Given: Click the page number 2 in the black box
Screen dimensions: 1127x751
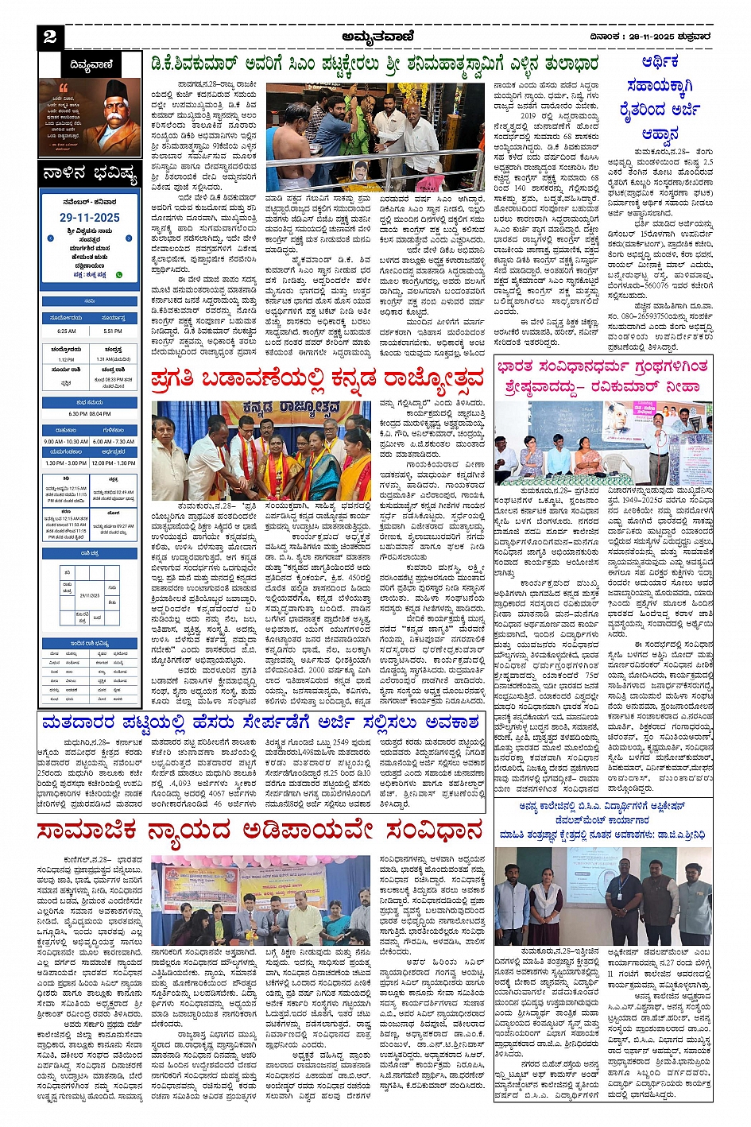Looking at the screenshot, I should [x=49, y=36].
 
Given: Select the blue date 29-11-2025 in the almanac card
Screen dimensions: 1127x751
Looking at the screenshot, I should [x=89, y=217].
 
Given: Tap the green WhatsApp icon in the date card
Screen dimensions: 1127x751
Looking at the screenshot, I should [x=119, y=274].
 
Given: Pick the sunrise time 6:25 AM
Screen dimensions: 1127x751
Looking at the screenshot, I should [x=67, y=331].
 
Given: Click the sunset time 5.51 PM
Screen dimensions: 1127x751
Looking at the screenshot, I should [x=113, y=331].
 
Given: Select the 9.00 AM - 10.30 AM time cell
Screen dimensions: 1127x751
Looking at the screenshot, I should [x=66, y=441].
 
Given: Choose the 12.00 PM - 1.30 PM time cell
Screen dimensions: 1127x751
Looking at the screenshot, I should [x=114, y=463].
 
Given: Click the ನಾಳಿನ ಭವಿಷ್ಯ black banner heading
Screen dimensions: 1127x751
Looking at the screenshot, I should [x=89, y=175].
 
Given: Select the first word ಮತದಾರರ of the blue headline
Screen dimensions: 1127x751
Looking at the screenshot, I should [x=75, y=722].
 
